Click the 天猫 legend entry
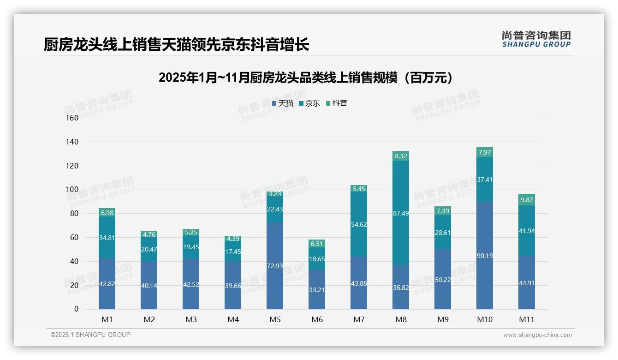(x=283, y=103)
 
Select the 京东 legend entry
(x=309, y=103)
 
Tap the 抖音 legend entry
(x=337, y=103)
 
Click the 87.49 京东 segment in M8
(x=401, y=213)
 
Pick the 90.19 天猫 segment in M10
(x=485, y=255)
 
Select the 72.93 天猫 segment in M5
(x=275, y=265)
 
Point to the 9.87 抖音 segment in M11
(x=527, y=200)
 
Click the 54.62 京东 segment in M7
(x=359, y=224)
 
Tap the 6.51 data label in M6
(x=317, y=244)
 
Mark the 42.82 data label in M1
(x=107, y=284)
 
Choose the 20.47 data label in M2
(x=149, y=249)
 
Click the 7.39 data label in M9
(x=443, y=211)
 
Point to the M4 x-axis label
(x=233, y=319)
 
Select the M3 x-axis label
(x=191, y=319)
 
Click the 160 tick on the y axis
(x=72, y=118)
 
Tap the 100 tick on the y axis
(x=72, y=189)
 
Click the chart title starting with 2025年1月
(x=306, y=78)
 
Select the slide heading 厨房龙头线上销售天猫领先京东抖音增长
(x=176, y=45)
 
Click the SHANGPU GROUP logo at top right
(x=536, y=39)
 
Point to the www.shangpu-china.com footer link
(x=537, y=335)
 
